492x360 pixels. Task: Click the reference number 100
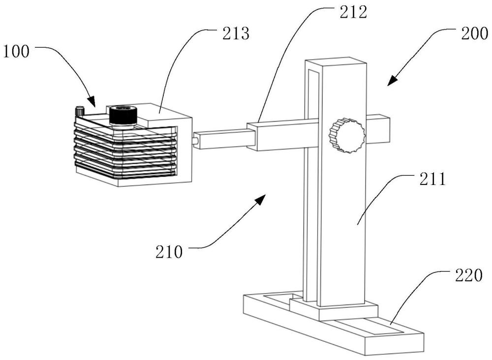[x=16, y=52]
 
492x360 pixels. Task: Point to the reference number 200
[x=474, y=33]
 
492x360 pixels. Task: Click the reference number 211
[x=432, y=180]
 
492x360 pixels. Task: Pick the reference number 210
[x=169, y=252]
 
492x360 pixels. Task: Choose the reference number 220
[x=468, y=275]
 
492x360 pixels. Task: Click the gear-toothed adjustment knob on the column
[x=347, y=135]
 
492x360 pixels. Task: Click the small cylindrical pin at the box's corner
[x=80, y=112]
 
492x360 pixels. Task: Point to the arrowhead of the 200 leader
[x=392, y=81]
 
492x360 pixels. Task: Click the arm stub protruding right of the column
[x=378, y=130]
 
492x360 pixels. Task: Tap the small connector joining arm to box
[x=195, y=139]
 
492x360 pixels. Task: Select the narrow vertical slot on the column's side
[x=313, y=185]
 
